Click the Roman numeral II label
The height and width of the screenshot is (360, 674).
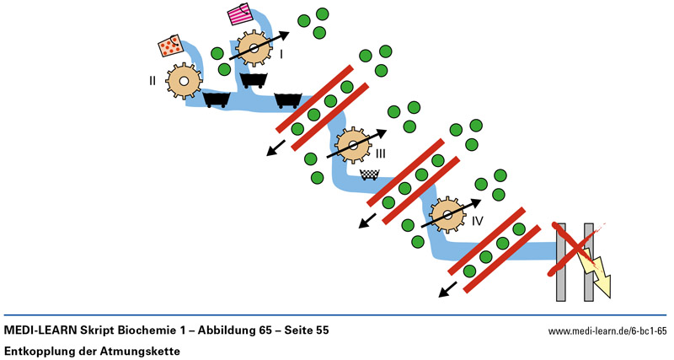coord(152,81)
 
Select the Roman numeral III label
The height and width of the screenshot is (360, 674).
coord(381,153)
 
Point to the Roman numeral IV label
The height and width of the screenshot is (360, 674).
coord(477,222)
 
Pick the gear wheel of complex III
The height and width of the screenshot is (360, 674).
coord(354,146)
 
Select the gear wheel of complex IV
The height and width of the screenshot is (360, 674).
coord(447,214)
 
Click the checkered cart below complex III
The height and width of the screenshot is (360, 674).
coord(369,175)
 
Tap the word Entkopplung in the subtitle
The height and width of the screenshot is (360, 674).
coord(40,349)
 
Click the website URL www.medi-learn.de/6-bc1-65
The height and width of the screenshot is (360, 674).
coord(607,331)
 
